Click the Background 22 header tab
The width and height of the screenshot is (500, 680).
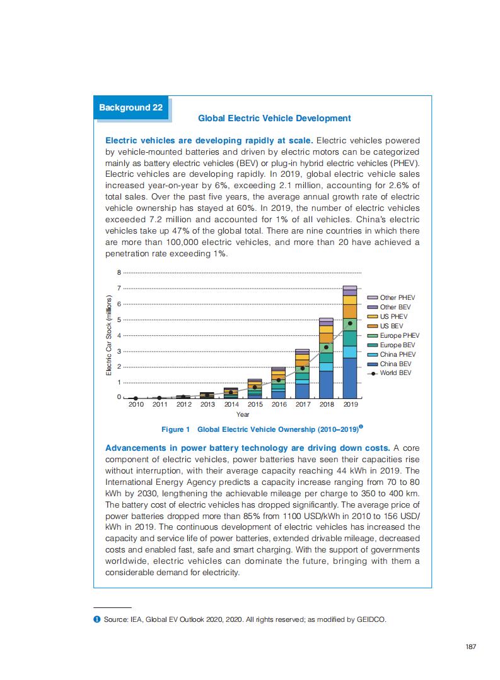[131, 107]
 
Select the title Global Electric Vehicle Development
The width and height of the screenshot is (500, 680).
[274, 118]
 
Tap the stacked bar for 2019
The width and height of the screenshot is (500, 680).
[350, 344]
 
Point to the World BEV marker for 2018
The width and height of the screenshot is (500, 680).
[326, 347]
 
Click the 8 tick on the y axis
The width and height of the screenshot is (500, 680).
[119, 273]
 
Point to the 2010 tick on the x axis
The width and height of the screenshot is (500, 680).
[136, 404]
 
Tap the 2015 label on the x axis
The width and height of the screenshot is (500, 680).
[255, 404]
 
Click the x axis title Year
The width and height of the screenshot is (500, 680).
[243, 414]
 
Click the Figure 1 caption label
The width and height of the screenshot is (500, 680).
[175, 429]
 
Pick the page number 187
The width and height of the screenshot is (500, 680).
[470, 646]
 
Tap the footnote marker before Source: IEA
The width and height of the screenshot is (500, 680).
[96, 620]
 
